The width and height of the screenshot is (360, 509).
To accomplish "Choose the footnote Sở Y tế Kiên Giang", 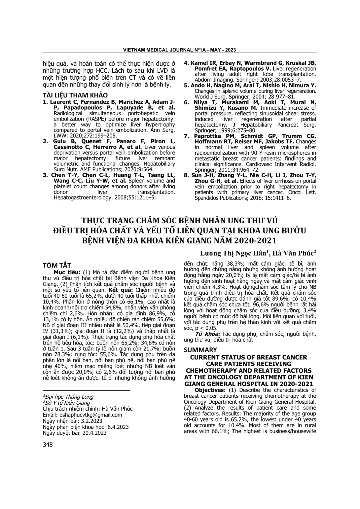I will point(67,403).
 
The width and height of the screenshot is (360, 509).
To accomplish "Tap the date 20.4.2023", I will point(91,433).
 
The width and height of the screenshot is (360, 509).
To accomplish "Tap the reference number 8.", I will point(186,175).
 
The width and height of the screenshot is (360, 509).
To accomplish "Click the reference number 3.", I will point(45,175).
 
